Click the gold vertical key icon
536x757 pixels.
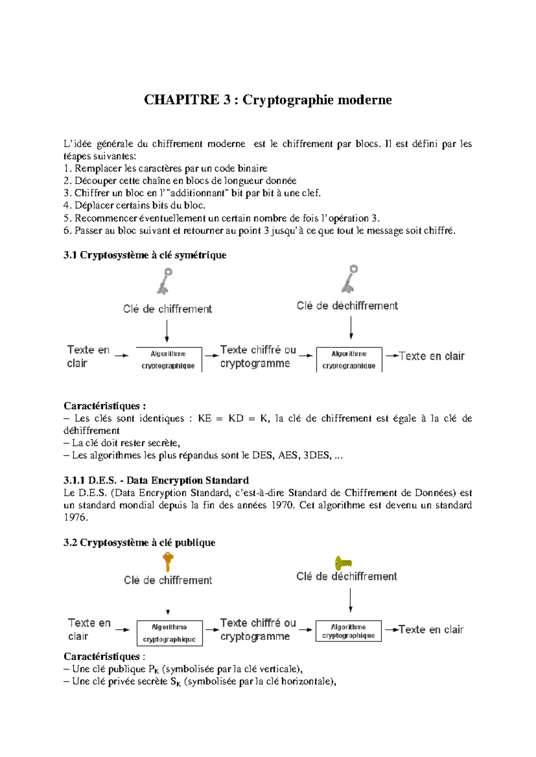[168, 562]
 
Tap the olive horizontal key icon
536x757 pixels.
[343, 562]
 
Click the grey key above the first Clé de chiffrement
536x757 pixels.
[165, 281]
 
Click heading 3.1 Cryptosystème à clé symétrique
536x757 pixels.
[145, 255]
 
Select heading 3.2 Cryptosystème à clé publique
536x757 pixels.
[139, 542]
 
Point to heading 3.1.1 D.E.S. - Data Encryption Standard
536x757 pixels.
[156, 480]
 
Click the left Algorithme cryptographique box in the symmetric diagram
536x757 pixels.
[169, 360]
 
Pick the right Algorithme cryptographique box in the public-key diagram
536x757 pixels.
[348, 631]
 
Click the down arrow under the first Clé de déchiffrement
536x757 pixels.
[351, 328]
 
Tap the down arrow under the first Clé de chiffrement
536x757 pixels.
[167, 331]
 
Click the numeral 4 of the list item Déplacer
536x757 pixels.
[67, 206]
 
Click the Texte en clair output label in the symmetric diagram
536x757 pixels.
[431, 356]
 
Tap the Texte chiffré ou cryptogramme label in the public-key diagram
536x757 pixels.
[258, 629]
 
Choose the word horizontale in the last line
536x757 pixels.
[307, 682]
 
